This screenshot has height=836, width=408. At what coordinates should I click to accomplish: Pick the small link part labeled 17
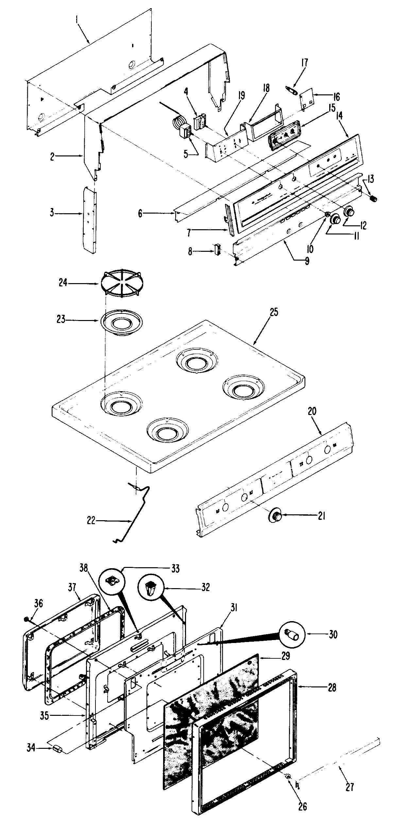coord(292,91)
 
